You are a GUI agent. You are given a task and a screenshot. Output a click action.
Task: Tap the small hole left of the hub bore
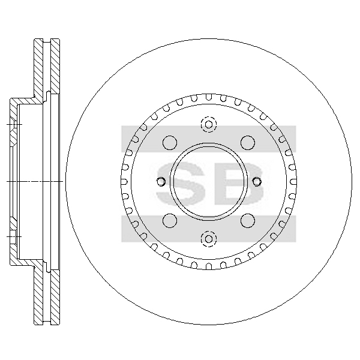point(161,182)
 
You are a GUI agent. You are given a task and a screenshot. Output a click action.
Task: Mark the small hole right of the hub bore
point(257,182)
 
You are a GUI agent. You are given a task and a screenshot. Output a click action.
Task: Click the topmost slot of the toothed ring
point(209,97)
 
